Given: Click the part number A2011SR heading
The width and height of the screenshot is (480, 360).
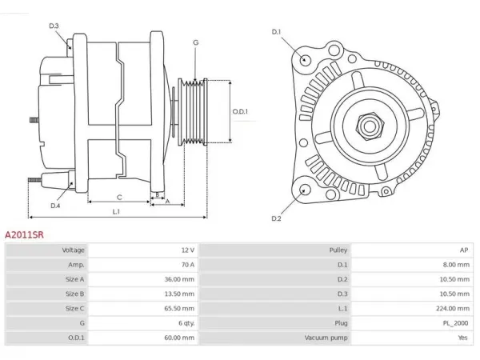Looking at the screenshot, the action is (24, 234).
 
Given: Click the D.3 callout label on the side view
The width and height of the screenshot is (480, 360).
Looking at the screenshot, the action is (54, 26).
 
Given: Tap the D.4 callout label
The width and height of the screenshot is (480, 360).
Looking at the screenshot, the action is (55, 206).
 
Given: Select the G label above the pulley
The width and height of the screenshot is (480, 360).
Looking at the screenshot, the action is (196, 42).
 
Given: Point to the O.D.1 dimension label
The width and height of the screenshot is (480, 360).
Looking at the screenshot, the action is (240, 111).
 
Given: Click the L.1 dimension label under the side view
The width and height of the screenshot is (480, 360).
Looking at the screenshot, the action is (116, 211).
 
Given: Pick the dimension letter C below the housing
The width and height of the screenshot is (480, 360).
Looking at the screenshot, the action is (119, 198).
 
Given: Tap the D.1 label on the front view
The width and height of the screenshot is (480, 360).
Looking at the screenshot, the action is (276, 32).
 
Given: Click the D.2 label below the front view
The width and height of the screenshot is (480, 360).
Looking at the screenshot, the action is (276, 218).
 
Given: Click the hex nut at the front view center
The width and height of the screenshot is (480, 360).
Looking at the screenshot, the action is (370, 126).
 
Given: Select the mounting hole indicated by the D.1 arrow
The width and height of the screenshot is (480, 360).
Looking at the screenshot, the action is (305, 58).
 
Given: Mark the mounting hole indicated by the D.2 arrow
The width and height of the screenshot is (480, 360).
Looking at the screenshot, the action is (305, 190).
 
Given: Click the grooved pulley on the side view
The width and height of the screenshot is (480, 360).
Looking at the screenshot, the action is (193, 112).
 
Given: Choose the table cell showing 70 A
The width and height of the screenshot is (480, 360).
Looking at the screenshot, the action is (188, 265).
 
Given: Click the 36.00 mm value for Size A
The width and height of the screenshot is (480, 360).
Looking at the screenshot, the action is (179, 279).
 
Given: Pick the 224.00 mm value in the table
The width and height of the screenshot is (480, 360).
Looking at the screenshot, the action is (453, 308).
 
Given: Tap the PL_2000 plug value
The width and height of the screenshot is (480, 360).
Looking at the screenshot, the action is (455, 323).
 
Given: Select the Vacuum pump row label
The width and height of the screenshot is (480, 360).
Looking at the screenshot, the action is (326, 338).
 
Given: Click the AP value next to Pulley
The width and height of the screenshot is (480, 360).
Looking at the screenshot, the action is (464, 250).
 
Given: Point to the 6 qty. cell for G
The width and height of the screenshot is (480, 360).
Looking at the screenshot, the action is (186, 323).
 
